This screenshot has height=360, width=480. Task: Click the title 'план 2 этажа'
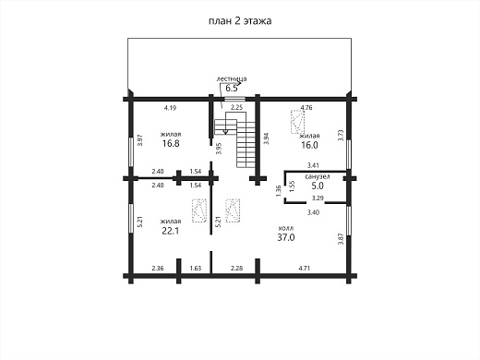(240, 21)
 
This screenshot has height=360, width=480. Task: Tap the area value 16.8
(171, 143)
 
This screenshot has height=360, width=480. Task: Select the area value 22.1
(171, 231)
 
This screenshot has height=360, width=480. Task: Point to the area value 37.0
(286, 237)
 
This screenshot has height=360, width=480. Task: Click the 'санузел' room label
(318, 176)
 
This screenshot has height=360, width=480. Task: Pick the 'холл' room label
(286, 228)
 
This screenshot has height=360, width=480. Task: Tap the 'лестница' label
(232, 79)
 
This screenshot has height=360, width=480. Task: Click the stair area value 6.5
(232, 89)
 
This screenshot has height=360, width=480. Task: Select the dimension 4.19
(170, 108)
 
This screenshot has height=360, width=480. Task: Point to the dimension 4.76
(306, 108)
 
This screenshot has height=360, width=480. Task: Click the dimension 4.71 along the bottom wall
(305, 268)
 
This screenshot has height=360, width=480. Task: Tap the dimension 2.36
(158, 268)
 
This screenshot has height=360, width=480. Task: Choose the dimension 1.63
(196, 268)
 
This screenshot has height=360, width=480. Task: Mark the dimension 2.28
(236, 268)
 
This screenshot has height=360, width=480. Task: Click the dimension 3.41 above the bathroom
(313, 165)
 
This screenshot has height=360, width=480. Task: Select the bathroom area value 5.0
(318, 186)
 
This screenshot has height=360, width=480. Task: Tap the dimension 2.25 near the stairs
(237, 107)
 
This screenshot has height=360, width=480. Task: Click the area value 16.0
(309, 145)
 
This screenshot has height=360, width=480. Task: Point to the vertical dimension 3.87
(341, 239)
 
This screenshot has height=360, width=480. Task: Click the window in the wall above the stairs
(234, 99)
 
